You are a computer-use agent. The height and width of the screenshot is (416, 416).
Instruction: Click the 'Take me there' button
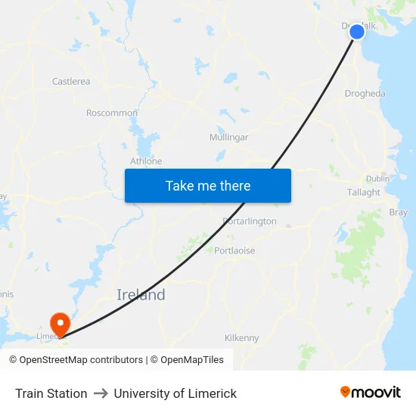point(208,185)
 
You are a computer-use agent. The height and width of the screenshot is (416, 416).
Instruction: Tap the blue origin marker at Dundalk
point(357,31)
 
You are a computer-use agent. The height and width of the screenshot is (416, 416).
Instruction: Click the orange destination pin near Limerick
point(59,324)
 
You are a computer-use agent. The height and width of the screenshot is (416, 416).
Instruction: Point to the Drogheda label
point(365,94)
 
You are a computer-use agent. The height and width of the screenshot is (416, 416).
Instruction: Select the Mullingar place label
point(228,137)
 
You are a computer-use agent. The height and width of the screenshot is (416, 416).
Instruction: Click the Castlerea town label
point(71,81)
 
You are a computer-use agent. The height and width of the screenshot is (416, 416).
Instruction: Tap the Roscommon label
point(112,113)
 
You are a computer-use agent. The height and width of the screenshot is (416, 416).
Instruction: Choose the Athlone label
point(146,161)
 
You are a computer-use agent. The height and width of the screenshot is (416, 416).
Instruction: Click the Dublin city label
point(377,179)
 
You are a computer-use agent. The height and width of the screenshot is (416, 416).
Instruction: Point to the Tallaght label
point(364,192)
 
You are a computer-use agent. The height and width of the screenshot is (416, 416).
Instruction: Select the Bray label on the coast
point(397,213)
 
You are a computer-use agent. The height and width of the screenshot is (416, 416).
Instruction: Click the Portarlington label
point(250,222)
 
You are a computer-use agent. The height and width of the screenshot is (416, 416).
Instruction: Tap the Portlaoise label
point(234,250)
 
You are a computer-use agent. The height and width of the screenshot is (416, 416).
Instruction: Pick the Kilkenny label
point(242,338)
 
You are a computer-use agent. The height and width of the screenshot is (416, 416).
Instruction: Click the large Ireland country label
point(141,295)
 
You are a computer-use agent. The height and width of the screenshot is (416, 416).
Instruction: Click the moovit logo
point(371,392)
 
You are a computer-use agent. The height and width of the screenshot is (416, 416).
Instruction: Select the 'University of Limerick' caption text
point(175,393)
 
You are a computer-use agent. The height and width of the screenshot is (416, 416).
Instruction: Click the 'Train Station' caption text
point(51,393)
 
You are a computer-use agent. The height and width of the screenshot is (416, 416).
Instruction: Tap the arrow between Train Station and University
point(101,393)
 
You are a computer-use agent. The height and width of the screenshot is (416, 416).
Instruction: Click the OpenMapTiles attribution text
point(187,360)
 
